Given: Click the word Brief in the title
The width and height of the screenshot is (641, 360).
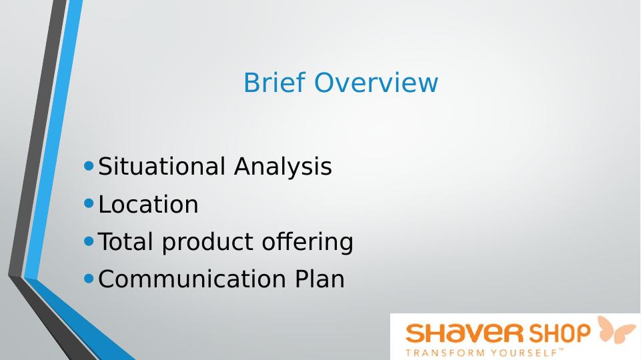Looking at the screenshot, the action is tap(274, 82).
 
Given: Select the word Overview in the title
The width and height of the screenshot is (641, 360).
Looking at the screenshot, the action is tap(376, 82).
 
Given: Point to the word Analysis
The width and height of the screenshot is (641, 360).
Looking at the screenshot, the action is tap(283, 167).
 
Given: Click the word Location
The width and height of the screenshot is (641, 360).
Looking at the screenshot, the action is tap(148, 204).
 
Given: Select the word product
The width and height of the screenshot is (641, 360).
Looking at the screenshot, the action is tap(207, 242).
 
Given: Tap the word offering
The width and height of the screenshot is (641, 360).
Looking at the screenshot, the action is tap(307, 242).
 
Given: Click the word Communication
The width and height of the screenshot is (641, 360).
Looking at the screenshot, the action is tap(191, 279).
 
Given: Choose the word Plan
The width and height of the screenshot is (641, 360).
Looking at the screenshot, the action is tap(319, 279).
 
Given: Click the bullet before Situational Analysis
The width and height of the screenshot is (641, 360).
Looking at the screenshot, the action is tap(89, 166).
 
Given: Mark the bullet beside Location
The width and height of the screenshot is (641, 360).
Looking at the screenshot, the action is tap(89, 203).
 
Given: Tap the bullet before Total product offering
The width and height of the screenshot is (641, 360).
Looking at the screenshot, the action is tap(89, 241).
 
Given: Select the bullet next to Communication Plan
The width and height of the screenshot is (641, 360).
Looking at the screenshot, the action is tap(89, 279).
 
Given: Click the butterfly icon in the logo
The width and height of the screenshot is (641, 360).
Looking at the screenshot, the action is tap(616, 329).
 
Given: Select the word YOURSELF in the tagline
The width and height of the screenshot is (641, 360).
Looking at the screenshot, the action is tap(524, 353).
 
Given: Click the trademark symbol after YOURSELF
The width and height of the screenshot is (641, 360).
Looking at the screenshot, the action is tap(561, 350).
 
